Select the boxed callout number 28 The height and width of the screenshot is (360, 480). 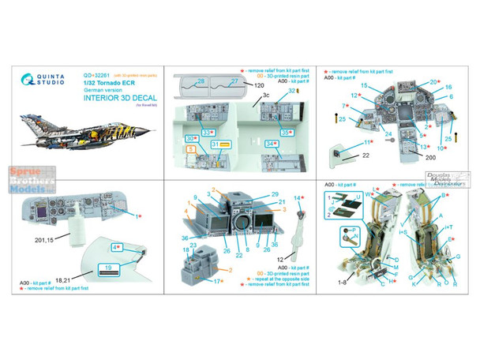[201, 81]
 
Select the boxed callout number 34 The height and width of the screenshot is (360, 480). [271, 144]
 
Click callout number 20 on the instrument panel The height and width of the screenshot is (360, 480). [433, 81]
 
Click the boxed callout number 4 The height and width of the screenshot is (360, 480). [114, 247]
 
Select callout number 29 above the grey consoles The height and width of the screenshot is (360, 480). [275, 193]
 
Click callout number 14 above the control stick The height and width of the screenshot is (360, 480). [298, 198]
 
